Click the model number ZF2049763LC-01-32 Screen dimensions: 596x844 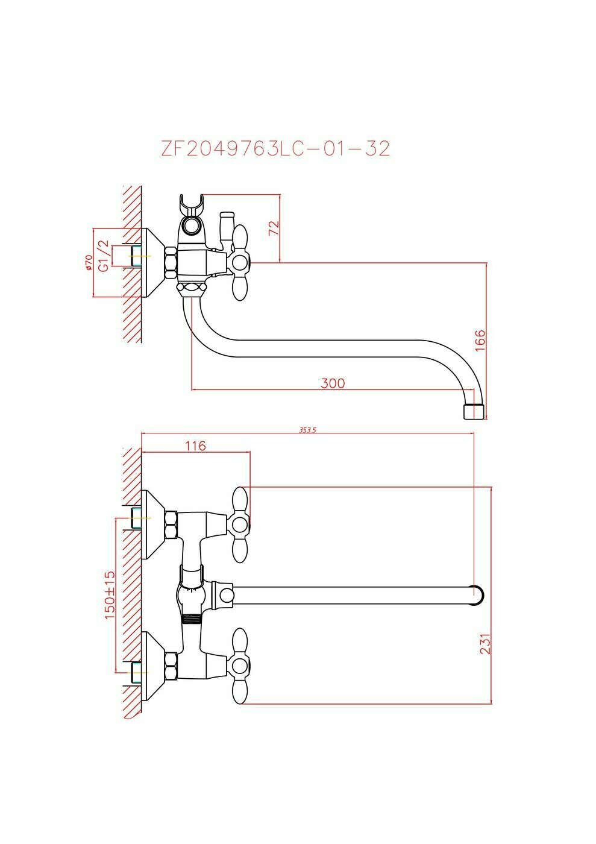coord(275,148)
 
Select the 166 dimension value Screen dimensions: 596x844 coord(480,341)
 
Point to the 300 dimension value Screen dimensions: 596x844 coord(333,383)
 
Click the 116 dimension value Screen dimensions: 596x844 coord(195,446)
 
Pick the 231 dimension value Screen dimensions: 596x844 coord(486,643)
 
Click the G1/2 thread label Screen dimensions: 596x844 coord(104,256)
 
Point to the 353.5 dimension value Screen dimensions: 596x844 coord(307,430)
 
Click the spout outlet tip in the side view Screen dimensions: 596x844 coord(474,412)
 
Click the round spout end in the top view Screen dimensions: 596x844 coord(476,594)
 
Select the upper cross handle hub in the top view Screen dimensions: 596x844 coord(240,524)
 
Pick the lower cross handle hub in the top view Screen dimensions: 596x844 coord(240,666)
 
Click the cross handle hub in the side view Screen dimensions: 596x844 coord(240,263)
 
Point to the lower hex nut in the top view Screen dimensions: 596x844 coord(171,666)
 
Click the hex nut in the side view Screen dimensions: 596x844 coord(171,263)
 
